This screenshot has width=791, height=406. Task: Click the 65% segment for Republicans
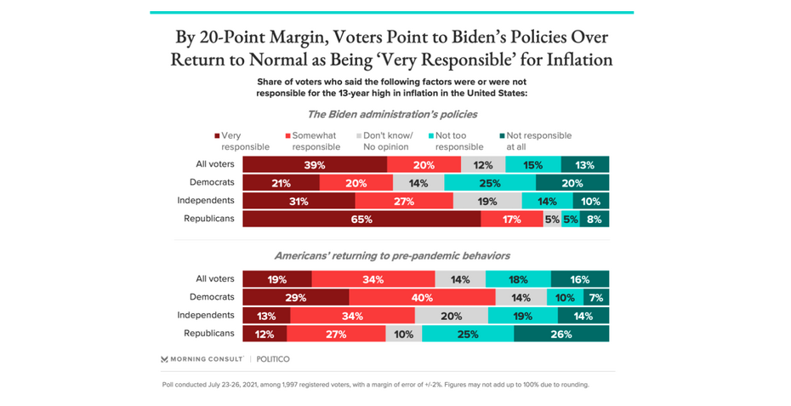point(361,219)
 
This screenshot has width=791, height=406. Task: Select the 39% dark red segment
point(315,165)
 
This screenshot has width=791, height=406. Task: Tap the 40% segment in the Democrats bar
point(422,297)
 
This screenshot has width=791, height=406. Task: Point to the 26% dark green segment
point(561,334)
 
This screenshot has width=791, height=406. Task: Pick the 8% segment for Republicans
point(594,219)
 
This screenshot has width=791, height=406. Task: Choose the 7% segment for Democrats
point(596,297)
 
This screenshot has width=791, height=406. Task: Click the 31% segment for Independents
point(299,201)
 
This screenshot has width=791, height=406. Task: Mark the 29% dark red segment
point(295,297)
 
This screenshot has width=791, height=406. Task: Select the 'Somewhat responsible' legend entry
point(313,140)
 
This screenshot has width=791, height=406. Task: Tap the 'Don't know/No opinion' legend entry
point(386,140)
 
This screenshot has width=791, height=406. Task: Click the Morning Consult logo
point(202,359)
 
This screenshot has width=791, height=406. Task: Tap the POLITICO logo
point(273,359)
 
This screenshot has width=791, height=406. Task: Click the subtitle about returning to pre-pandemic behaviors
point(392,255)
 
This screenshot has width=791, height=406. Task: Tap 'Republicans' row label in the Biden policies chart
point(209,219)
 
